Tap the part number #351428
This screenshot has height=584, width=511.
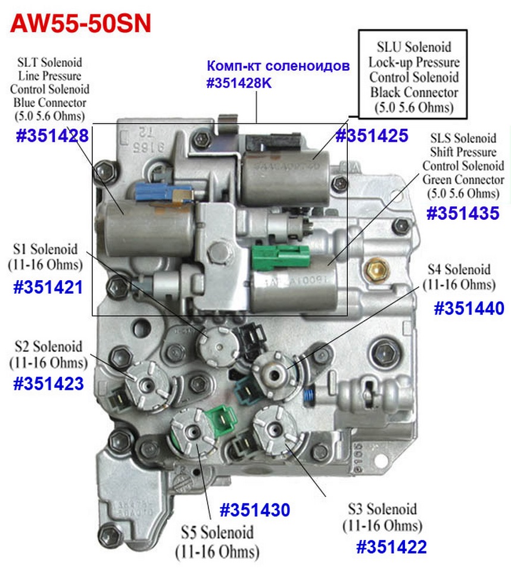pos(52,136)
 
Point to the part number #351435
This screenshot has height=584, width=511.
pos(462,213)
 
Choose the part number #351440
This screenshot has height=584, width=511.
pos(469,308)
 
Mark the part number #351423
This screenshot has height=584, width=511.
pos(48,383)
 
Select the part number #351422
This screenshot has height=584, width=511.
pos(391,546)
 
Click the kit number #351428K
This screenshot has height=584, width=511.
pos(239,84)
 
